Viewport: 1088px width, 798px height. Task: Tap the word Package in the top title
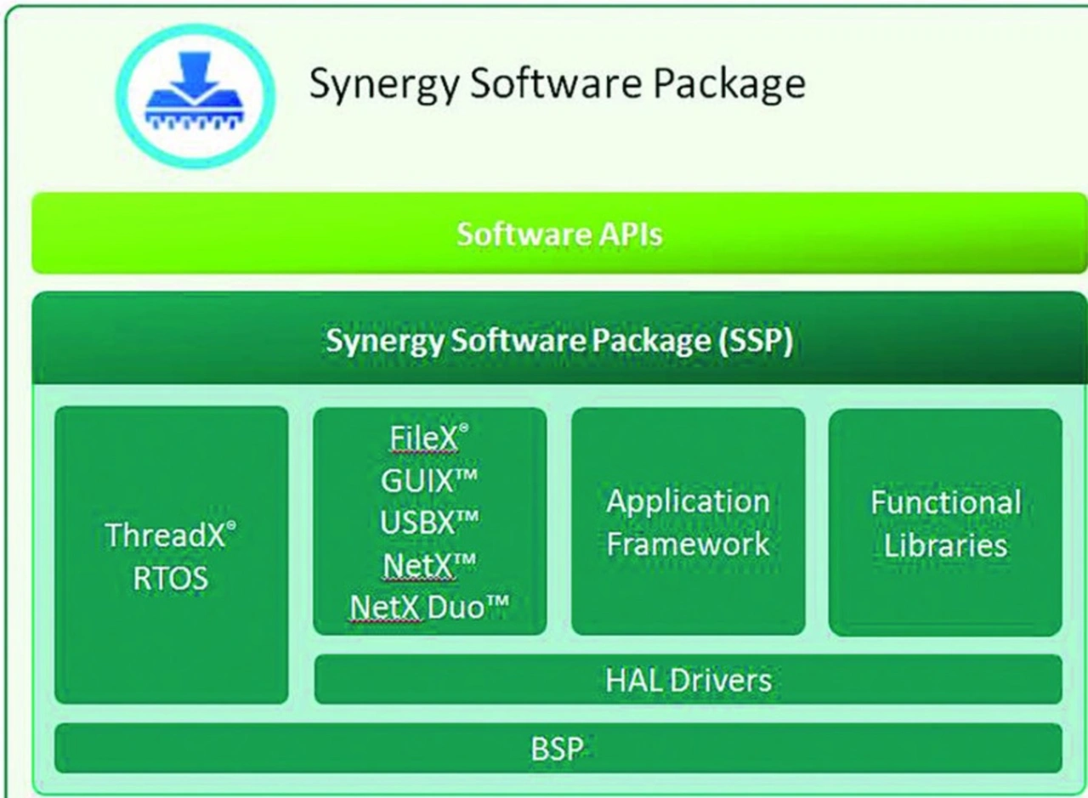[x=729, y=84]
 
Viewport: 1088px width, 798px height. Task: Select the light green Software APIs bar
[x=558, y=233]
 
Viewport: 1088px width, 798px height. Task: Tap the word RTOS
[x=171, y=578]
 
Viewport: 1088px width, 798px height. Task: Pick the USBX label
[x=429, y=522]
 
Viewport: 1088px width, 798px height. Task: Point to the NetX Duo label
[x=429, y=607]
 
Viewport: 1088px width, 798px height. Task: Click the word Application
[x=688, y=502]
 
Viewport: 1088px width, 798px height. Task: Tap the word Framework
[x=688, y=543]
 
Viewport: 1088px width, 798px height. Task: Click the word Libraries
[x=946, y=545]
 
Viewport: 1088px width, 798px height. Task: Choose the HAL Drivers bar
[x=688, y=680]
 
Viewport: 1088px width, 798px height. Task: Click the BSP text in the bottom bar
[x=557, y=749]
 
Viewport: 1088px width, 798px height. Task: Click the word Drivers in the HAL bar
[x=721, y=680]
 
